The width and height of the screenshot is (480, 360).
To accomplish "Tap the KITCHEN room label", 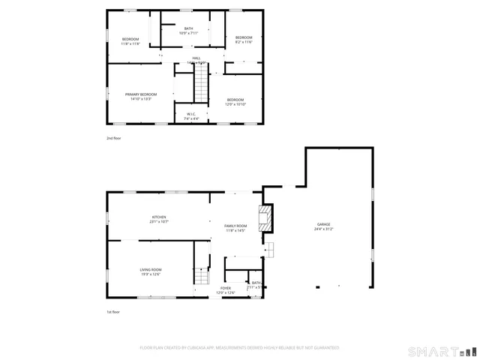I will [x=158, y=217].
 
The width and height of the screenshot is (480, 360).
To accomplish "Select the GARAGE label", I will [x=323, y=225].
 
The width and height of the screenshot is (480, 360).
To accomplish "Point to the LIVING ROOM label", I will [x=151, y=270].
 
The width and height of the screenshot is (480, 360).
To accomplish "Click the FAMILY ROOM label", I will [x=235, y=226].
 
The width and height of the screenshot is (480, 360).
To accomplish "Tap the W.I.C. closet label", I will [x=192, y=114].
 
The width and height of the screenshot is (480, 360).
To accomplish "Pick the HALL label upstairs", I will [x=196, y=58].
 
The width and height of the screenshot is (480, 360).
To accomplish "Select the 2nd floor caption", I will [x=113, y=139].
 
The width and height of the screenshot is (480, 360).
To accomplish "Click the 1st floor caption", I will [x=113, y=311].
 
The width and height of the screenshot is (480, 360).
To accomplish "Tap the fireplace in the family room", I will [x=265, y=219].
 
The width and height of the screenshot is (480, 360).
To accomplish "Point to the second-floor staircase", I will [x=201, y=82].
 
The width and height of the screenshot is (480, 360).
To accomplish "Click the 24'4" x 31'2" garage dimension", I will [x=323, y=229].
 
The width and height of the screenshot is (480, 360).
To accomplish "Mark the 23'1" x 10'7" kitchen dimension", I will [x=158, y=222].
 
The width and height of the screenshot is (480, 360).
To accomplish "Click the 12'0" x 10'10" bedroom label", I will [x=235, y=104].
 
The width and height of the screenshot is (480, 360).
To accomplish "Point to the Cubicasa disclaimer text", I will [x=239, y=348].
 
